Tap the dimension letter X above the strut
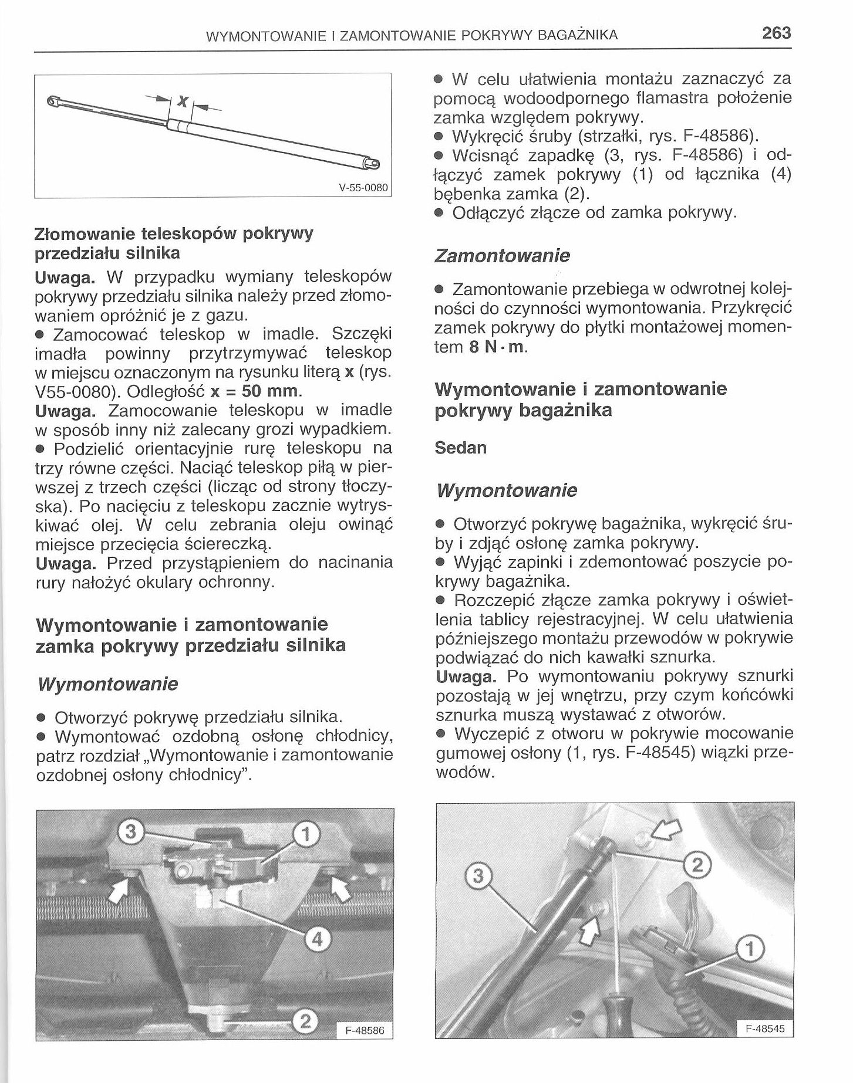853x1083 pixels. click(x=183, y=102)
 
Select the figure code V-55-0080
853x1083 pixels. click(x=363, y=188)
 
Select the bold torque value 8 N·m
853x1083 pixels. click(x=497, y=347)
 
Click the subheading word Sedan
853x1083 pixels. click(x=461, y=448)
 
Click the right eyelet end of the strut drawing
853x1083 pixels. click(x=373, y=163)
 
